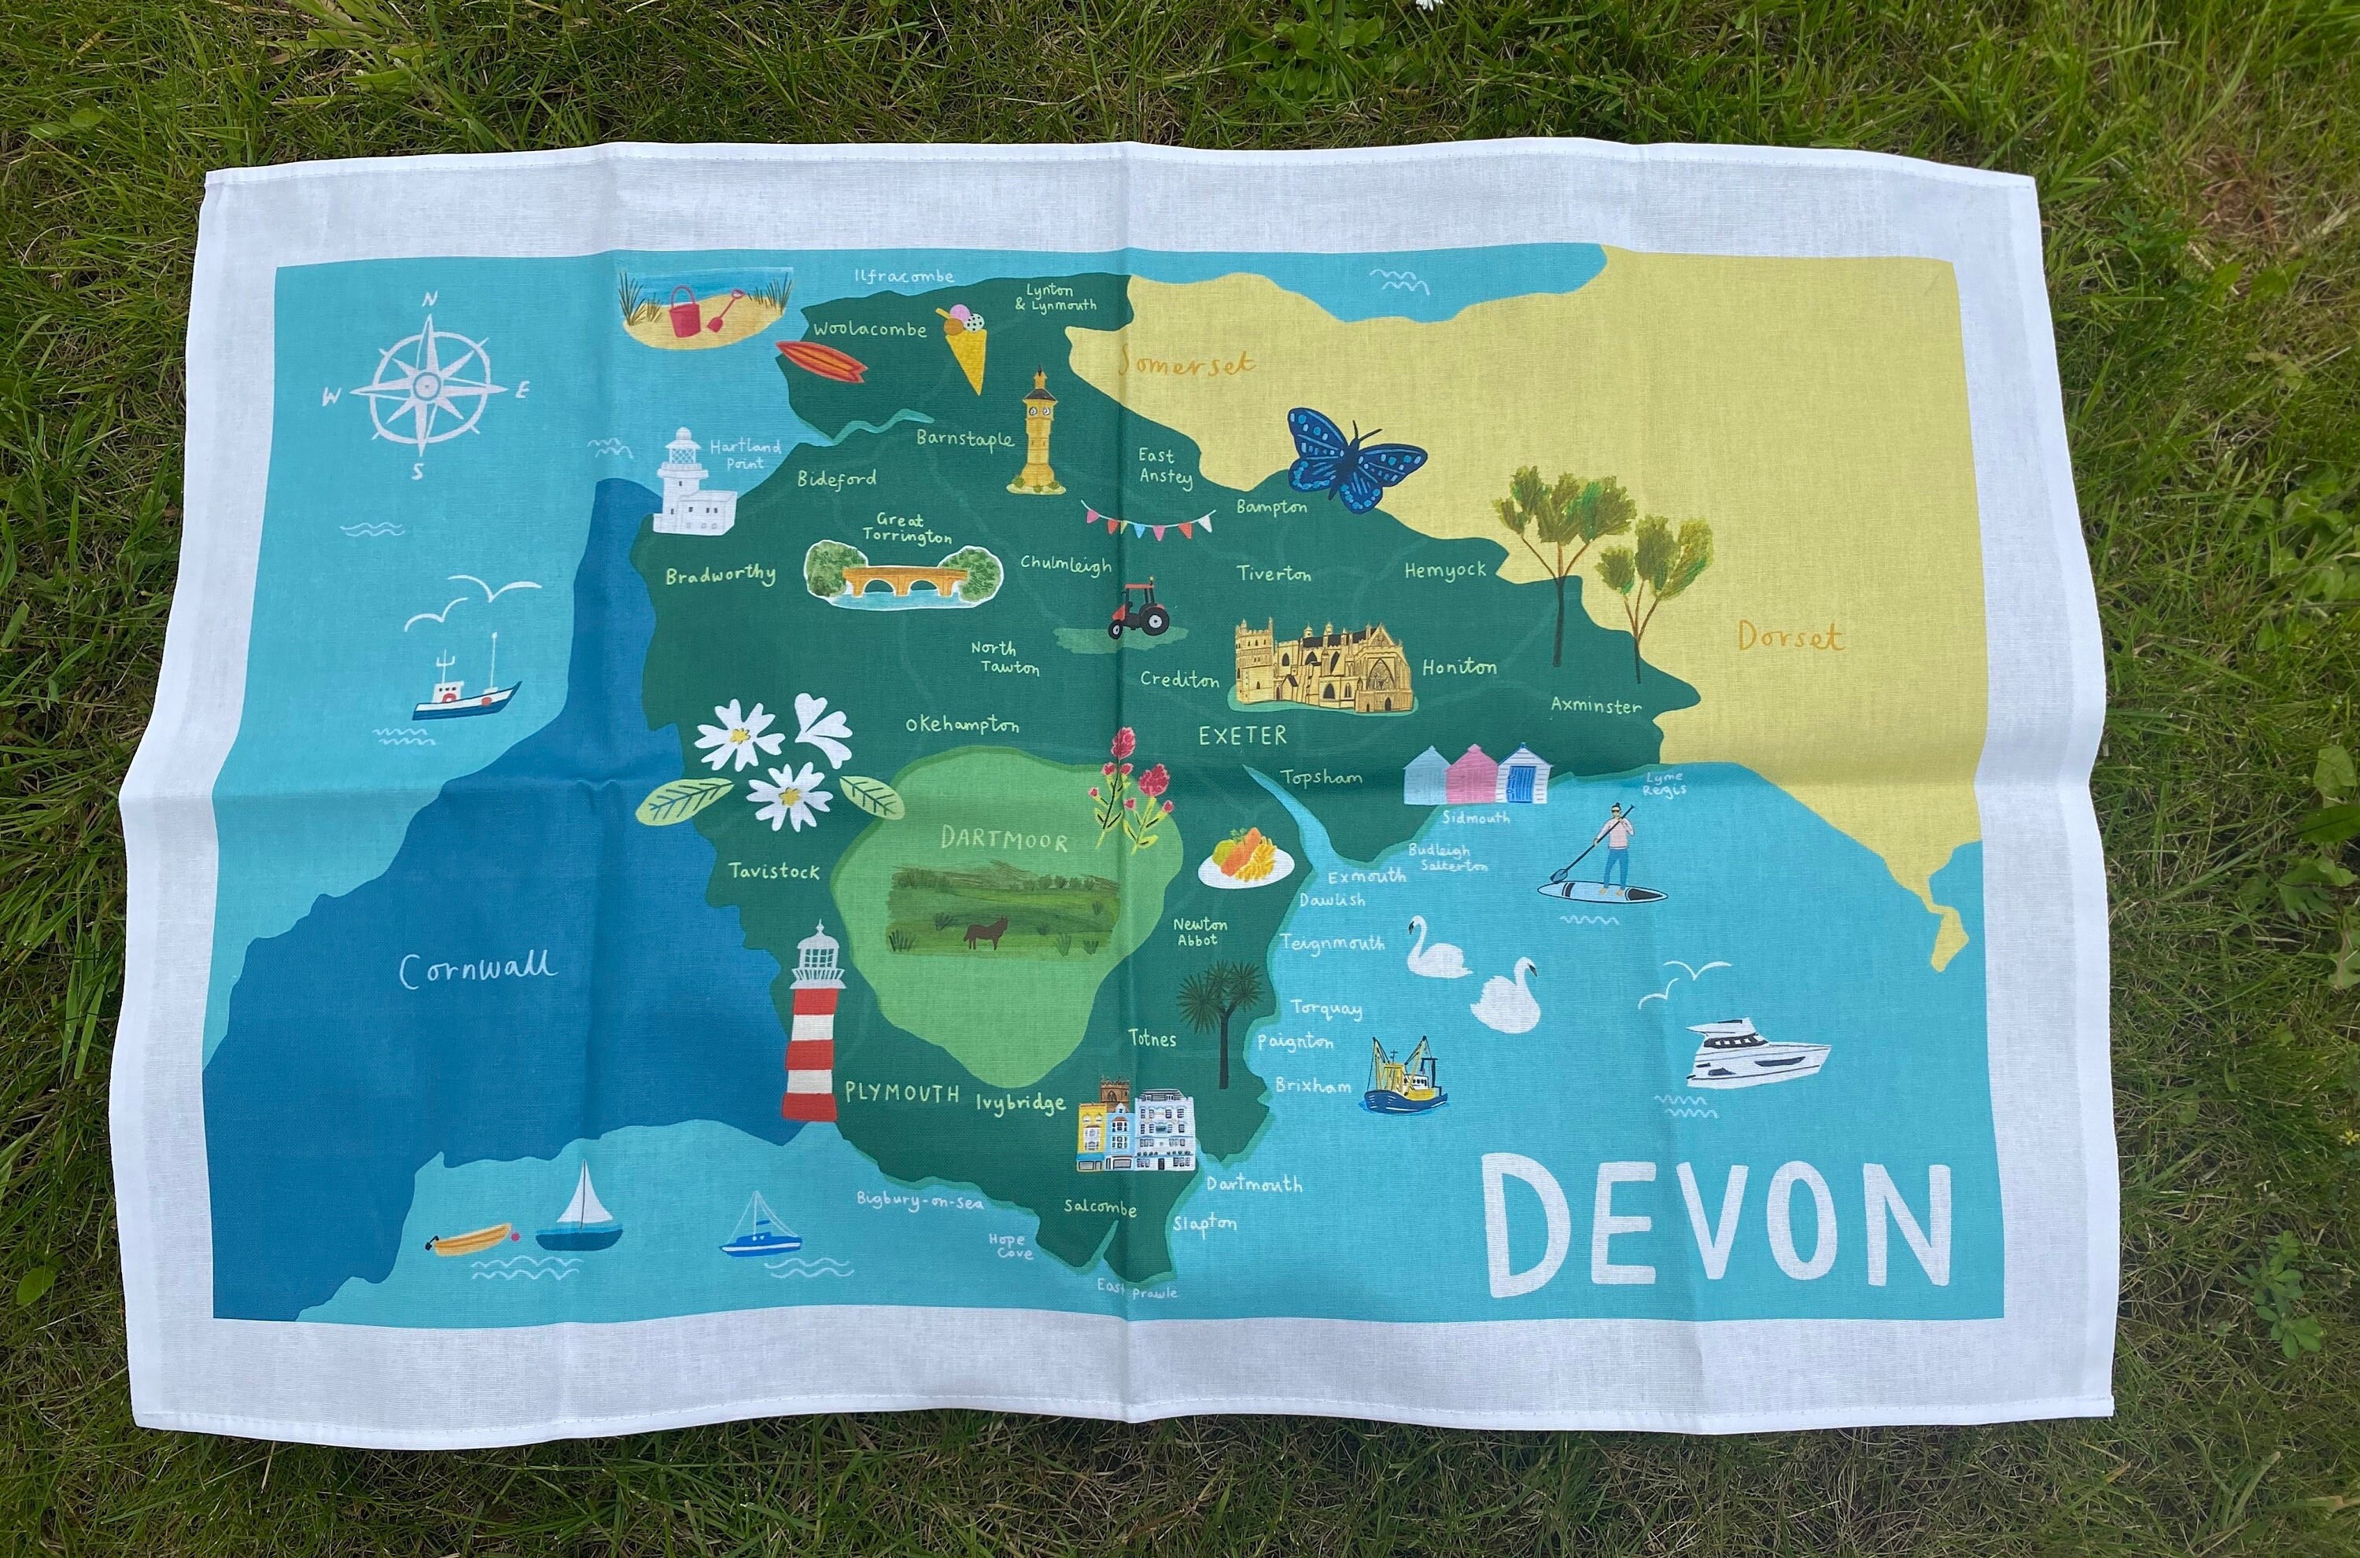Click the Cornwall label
click(x=478, y=968)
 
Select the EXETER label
click(x=1242, y=736)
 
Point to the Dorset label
click(x=1790, y=637)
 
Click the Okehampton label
click(x=962, y=725)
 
